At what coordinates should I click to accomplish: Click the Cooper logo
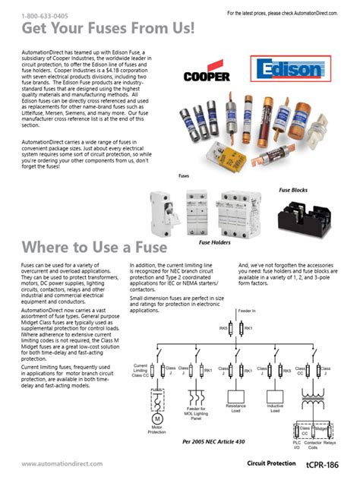tap(207, 76)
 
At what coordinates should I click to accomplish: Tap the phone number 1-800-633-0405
tap(44, 15)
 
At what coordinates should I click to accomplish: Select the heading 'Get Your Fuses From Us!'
tap(108, 29)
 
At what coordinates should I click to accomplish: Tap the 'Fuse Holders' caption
tap(214, 242)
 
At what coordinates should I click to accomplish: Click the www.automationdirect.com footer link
tap(50, 464)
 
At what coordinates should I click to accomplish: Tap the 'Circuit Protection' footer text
tap(272, 463)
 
